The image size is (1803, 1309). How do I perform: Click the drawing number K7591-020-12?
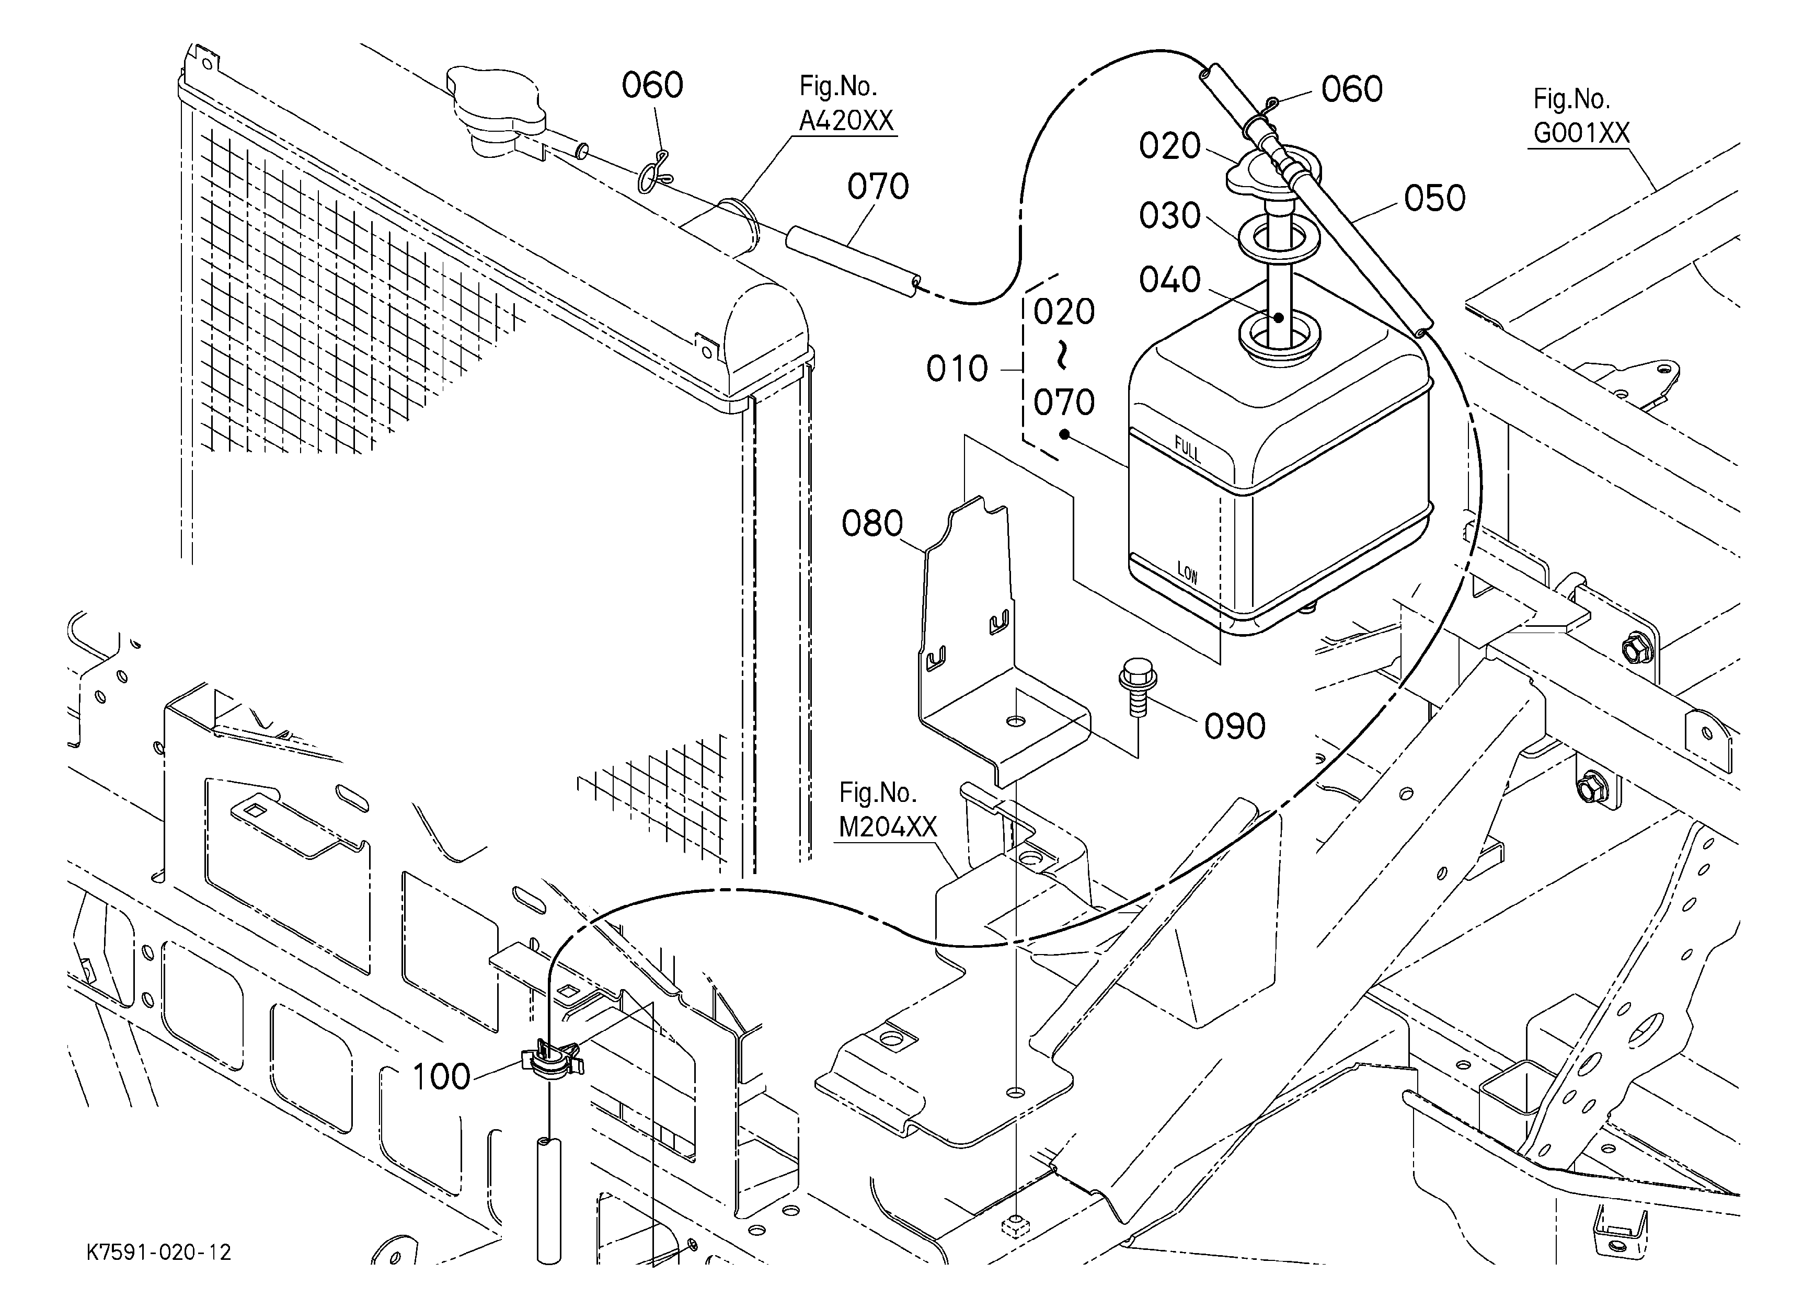point(159,1253)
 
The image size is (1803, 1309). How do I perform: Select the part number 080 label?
point(872,524)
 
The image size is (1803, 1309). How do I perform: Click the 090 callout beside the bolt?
point(1235,727)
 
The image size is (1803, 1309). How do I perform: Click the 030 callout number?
point(1169,215)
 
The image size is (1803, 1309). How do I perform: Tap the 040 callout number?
point(1169,280)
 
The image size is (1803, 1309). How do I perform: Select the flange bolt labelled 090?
point(1138,686)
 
